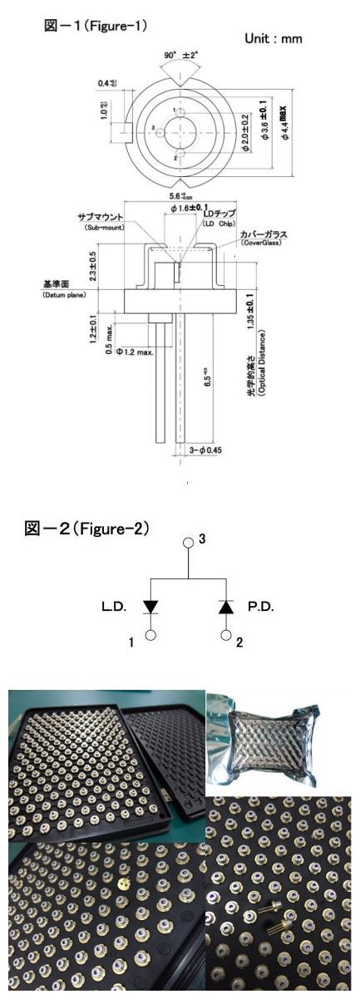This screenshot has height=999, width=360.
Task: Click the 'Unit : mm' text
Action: tap(273, 39)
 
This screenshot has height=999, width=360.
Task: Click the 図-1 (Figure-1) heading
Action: tap(96, 27)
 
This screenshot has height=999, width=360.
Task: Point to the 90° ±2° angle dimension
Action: tap(180, 57)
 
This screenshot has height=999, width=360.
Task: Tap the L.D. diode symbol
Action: tap(152, 608)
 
